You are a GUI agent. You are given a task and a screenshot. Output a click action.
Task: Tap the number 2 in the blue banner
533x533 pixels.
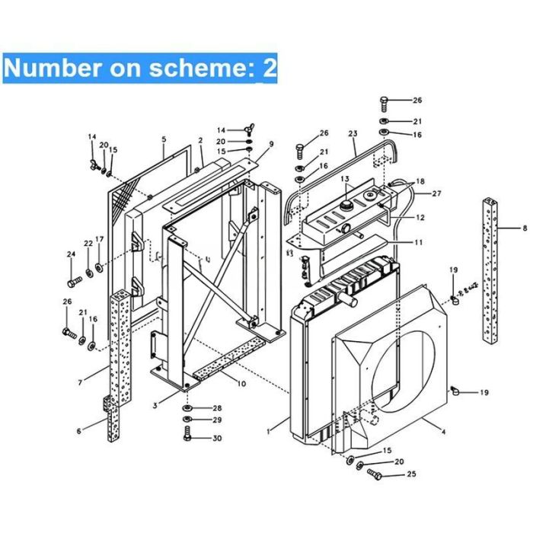[x=270, y=68]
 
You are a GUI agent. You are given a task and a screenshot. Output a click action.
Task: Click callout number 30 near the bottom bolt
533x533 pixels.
[x=217, y=438]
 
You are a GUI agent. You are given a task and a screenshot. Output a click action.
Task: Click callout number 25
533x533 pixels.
[x=411, y=474]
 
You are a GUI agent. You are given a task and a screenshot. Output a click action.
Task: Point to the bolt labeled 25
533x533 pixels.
[x=375, y=474]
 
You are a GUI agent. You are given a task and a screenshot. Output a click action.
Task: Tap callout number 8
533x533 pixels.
[x=525, y=228]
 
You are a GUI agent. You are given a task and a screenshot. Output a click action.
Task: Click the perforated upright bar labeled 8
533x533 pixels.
[x=490, y=270]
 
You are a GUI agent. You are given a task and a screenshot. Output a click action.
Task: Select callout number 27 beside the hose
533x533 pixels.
[x=436, y=193]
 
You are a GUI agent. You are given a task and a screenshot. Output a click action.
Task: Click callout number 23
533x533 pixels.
[x=353, y=133]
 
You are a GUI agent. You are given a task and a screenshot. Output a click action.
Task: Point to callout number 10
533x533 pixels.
[x=241, y=384]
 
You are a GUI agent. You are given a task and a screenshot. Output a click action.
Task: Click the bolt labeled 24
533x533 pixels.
[x=75, y=282]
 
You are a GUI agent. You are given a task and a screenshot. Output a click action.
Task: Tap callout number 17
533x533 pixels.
[x=99, y=239]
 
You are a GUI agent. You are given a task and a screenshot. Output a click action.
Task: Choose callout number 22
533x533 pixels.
[x=88, y=244]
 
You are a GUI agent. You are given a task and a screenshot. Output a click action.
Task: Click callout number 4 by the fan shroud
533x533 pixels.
[x=443, y=432]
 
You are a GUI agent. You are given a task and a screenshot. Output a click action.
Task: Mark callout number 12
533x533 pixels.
[x=420, y=217]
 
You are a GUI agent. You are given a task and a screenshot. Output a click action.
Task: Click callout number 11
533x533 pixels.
[x=419, y=242]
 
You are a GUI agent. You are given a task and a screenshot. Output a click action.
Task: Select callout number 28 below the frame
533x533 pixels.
[x=217, y=408]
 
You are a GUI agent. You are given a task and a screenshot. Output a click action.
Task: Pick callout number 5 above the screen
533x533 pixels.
[x=164, y=139]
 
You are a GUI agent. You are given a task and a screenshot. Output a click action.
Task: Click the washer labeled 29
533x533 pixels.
[x=187, y=419]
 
